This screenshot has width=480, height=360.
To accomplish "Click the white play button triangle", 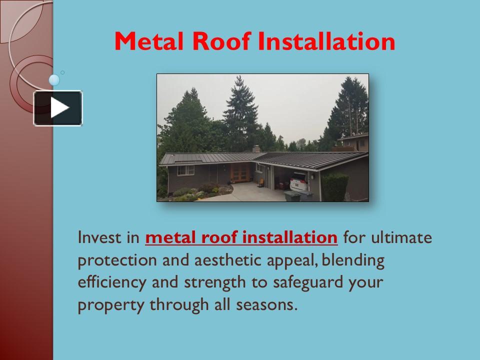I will [58, 108].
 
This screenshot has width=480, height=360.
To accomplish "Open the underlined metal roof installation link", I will [241, 237].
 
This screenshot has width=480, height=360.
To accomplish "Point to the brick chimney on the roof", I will [256, 149].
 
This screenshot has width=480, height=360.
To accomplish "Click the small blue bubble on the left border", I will [54, 79].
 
